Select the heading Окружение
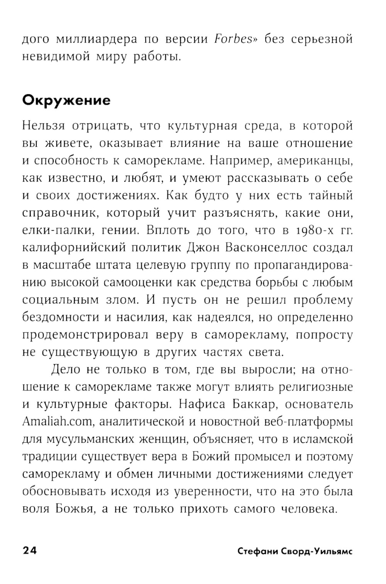coord(66,100)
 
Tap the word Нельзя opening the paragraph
coord(43,126)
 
